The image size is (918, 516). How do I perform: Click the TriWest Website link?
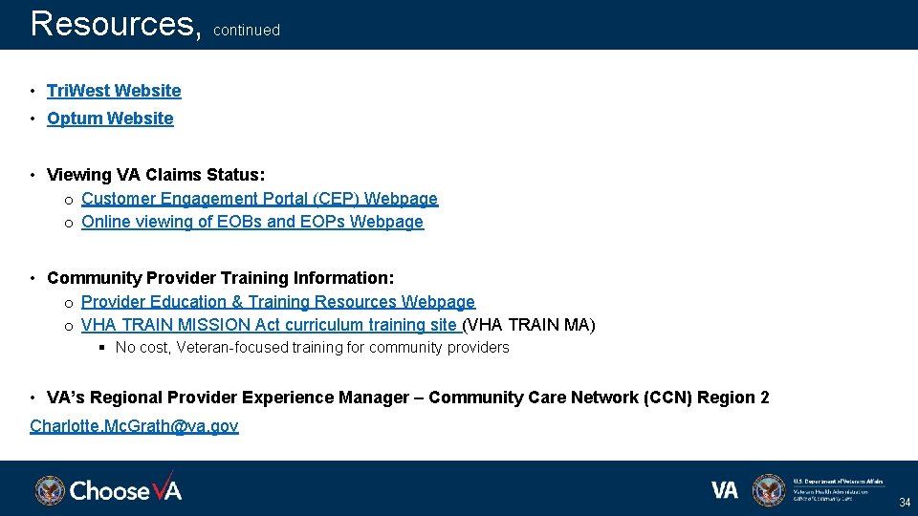(114, 91)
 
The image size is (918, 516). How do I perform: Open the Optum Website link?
(110, 118)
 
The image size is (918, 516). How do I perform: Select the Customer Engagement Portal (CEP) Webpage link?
(259, 199)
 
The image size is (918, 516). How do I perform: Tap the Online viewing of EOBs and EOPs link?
(251, 222)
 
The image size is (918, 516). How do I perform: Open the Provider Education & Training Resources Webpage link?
(277, 302)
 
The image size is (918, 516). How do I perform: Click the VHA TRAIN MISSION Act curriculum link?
(269, 325)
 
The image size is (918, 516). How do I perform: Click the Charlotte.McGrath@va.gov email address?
(134, 426)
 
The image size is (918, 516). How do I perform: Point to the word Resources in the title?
(112, 23)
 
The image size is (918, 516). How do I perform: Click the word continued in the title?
(247, 31)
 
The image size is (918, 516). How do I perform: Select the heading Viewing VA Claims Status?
(156, 175)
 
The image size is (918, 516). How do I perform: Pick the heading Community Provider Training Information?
(220, 278)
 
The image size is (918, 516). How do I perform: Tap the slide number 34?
(904, 503)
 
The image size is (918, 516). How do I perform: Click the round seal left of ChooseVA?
(50, 490)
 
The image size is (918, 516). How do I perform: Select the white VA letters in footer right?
(725, 490)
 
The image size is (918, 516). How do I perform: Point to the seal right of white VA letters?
(768, 490)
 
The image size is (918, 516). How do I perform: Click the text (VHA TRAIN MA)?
(529, 325)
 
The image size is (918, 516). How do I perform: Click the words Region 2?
(733, 398)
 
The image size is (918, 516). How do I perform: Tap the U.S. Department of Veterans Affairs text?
(838, 482)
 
